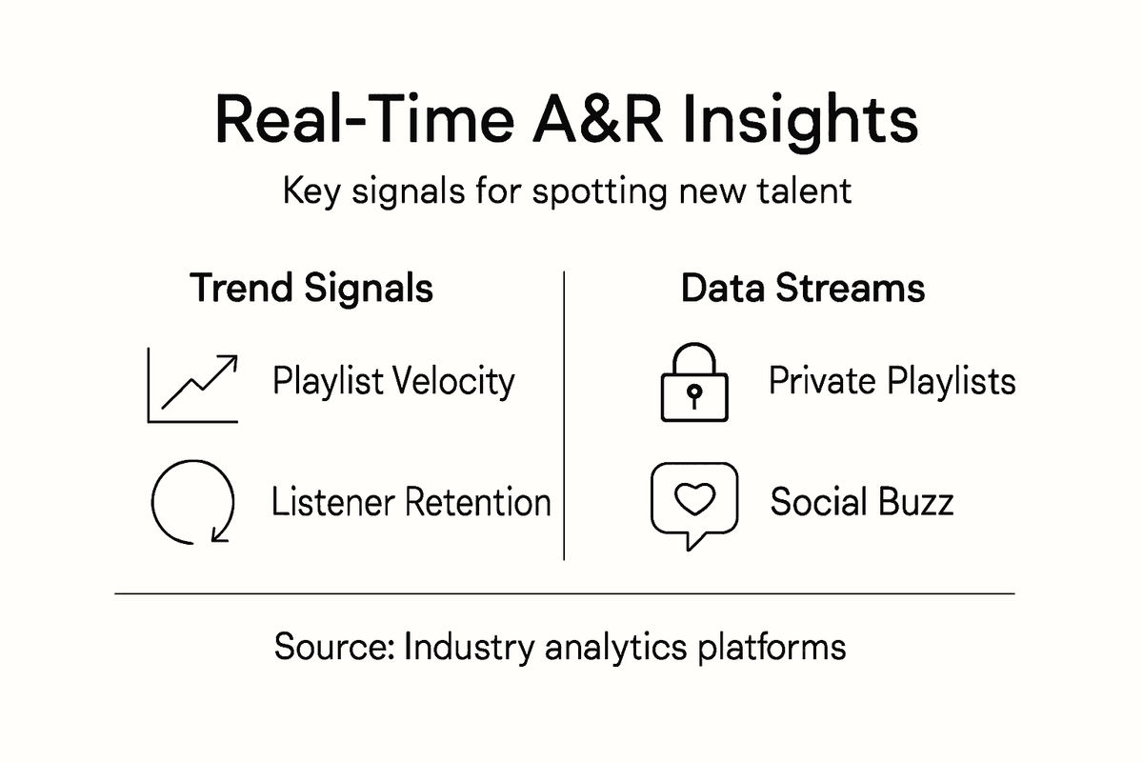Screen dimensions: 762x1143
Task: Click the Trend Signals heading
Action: click(312, 289)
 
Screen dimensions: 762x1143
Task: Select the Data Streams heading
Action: click(802, 289)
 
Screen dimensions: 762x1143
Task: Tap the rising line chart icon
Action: click(193, 386)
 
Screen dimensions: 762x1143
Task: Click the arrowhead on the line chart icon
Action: click(228, 362)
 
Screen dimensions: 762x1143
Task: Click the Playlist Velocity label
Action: click(393, 382)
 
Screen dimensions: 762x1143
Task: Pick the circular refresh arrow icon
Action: click(192, 502)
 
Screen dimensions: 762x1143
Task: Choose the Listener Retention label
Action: click(411, 502)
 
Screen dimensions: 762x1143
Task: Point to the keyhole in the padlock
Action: click(694, 394)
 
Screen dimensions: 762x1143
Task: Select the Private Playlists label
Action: click(892, 382)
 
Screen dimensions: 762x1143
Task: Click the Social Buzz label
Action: click(861, 502)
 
